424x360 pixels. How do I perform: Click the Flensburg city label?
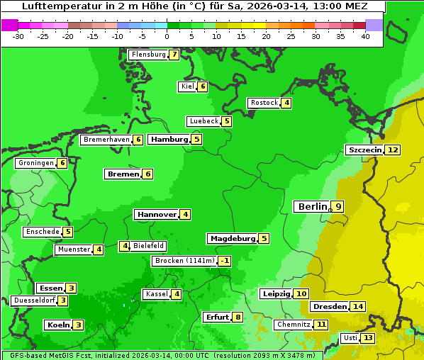(x=148, y=55)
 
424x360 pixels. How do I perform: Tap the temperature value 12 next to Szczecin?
(x=393, y=150)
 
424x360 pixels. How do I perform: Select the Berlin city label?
(x=313, y=206)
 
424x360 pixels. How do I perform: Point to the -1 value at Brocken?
(x=225, y=261)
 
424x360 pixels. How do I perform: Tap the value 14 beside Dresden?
(x=358, y=307)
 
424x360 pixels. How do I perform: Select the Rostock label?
(x=264, y=103)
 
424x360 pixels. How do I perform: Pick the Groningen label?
(x=36, y=163)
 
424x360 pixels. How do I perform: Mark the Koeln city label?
(x=57, y=325)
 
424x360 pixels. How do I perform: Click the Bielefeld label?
(x=149, y=246)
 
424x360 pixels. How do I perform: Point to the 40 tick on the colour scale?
(x=365, y=36)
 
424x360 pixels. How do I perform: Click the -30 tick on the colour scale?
(x=18, y=36)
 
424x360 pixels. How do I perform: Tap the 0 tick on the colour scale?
(x=167, y=36)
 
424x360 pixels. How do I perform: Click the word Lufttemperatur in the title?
(x=55, y=6)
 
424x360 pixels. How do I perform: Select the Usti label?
(x=350, y=338)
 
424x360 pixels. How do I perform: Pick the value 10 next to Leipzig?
(x=301, y=294)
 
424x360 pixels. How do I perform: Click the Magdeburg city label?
(x=232, y=239)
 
